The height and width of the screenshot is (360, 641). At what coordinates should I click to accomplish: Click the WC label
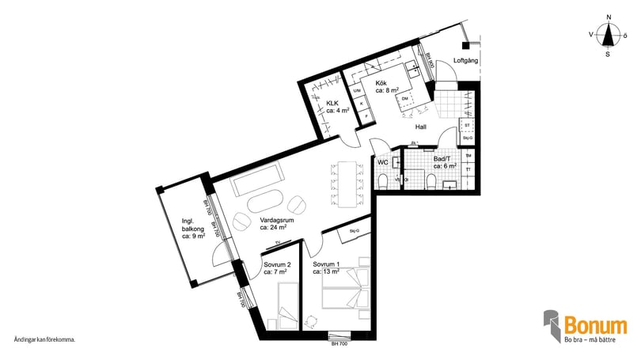[x=383, y=162]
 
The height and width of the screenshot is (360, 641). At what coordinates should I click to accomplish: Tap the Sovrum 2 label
[x=278, y=267]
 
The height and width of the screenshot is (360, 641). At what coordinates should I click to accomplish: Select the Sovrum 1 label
[x=326, y=267]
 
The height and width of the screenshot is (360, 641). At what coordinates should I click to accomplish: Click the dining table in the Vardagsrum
[x=347, y=183]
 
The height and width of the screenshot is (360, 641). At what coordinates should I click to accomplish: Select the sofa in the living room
[x=258, y=180]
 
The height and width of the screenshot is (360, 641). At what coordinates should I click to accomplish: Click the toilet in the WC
[x=384, y=182]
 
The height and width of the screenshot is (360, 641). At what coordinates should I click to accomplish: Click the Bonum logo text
[x=596, y=324]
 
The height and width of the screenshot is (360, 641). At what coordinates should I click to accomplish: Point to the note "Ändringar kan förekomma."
[x=44, y=339]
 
